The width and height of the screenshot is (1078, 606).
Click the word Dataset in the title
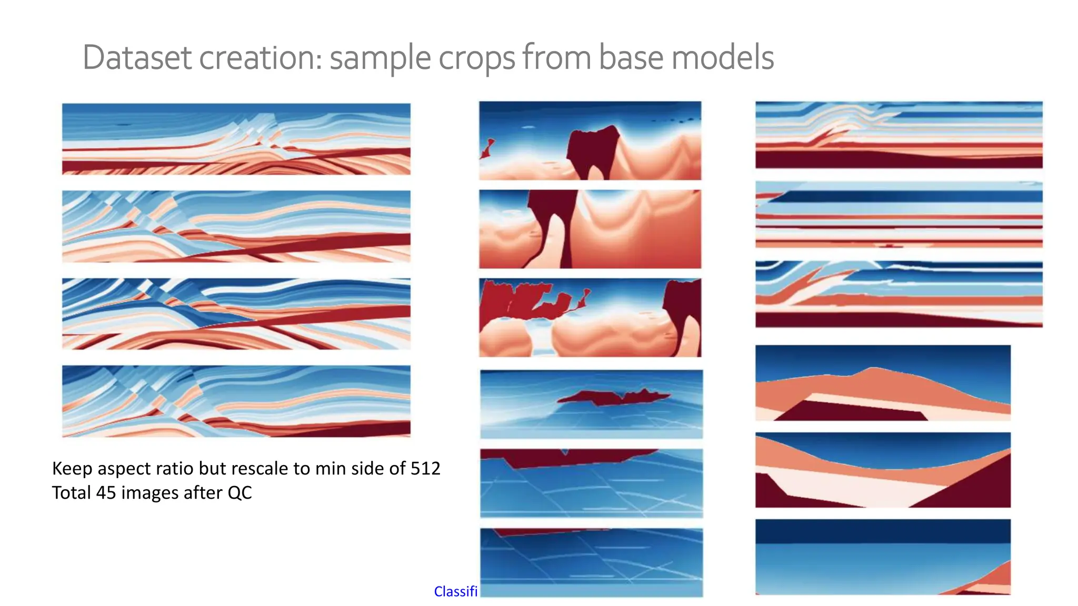click(136, 58)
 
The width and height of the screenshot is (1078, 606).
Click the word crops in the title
click(476, 58)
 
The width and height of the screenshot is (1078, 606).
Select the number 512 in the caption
click(425, 468)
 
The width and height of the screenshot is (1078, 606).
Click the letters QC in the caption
click(239, 493)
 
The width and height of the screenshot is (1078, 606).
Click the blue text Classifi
click(455, 592)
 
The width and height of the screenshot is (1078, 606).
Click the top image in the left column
click(236, 139)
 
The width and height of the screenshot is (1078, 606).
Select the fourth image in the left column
click(236, 401)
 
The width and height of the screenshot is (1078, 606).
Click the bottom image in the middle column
click(591, 562)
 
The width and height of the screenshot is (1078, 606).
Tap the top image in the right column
click(899, 135)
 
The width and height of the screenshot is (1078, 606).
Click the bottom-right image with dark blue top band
click(883, 557)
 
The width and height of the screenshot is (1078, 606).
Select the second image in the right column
click(899, 214)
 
